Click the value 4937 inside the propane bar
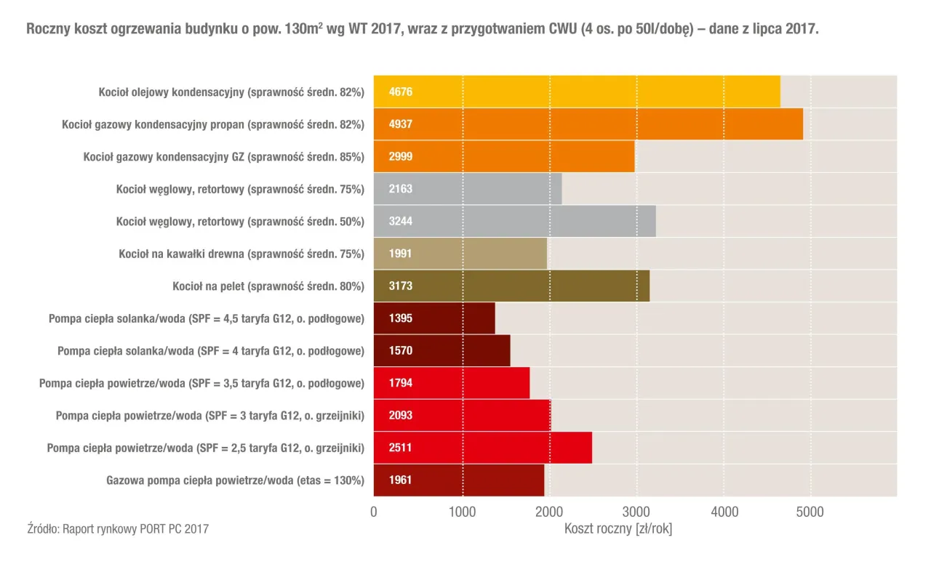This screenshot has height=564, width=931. click(401, 124)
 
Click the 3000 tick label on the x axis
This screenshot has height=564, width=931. click(636, 512)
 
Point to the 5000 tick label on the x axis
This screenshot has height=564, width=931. click(810, 512)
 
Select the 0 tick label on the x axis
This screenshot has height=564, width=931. click(374, 512)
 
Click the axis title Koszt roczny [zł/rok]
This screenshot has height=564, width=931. click(618, 529)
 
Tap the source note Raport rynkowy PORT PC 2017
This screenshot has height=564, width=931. click(117, 529)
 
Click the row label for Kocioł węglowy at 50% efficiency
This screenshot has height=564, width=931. click(240, 222)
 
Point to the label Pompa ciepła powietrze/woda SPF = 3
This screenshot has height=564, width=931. click(210, 416)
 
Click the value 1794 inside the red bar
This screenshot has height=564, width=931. click(401, 383)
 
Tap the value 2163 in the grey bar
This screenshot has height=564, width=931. click(401, 189)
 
